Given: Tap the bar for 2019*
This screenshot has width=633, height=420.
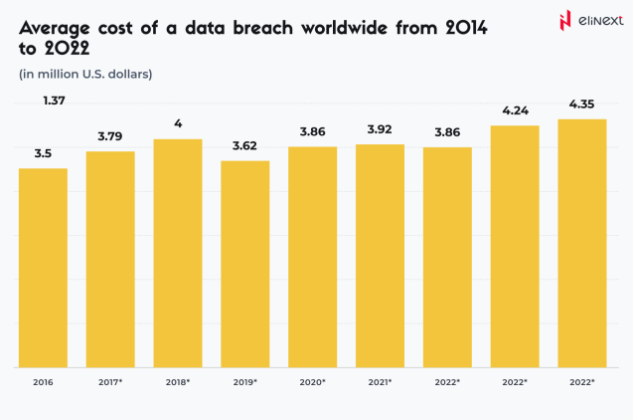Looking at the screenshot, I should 245,263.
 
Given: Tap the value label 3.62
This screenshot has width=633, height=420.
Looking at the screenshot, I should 245,147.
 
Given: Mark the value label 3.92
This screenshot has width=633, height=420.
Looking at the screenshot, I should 380,131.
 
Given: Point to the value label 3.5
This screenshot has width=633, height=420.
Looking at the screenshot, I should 43,154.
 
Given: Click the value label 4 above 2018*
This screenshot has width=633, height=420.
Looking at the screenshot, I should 178,124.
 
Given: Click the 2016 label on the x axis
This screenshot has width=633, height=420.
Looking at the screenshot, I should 43,382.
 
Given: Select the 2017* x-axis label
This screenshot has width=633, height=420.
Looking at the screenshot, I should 110,382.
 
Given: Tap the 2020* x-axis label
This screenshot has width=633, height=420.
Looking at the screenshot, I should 313,382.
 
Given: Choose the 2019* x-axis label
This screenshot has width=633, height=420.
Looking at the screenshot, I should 245,382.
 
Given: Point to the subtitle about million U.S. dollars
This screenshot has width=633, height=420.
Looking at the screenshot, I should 85,74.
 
